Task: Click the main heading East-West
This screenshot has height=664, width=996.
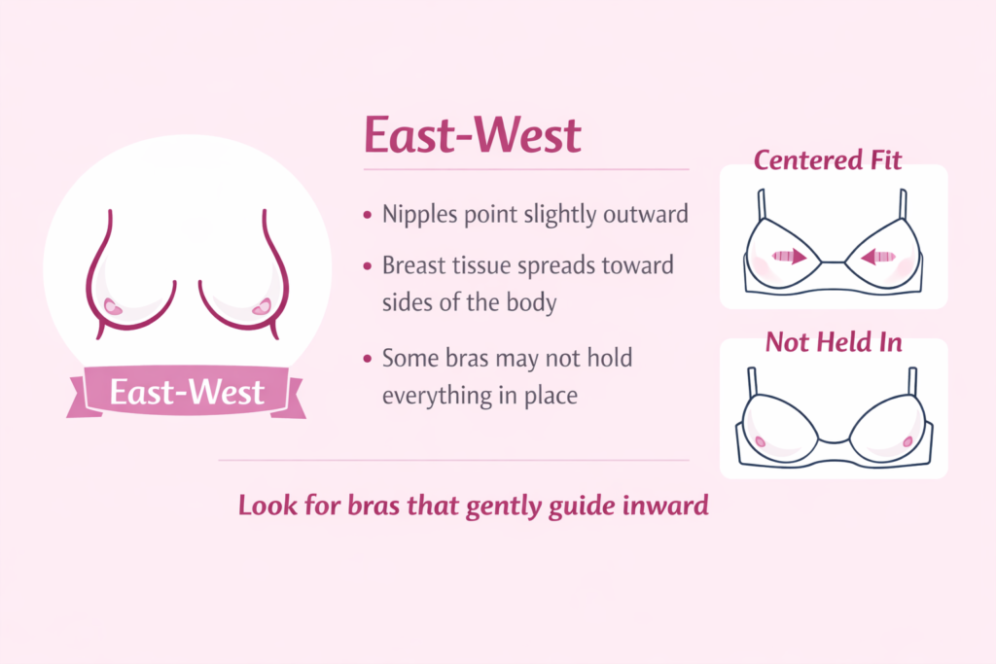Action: (x=472, y=136)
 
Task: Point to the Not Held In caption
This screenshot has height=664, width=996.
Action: (x=833, y=341)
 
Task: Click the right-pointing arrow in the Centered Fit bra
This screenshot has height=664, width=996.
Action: (x=791, y=258)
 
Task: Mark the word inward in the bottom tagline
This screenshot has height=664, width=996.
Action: (x=670, y=506)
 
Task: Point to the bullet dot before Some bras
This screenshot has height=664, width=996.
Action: (x=367, y=359)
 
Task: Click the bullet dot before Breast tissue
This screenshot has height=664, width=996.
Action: (x=367, y=264)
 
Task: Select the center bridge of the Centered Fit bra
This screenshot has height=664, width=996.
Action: (x=833, y=262)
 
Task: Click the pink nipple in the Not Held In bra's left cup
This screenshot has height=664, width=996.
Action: (x=760, y=442)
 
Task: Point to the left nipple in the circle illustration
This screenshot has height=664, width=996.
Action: (x=112, y=306)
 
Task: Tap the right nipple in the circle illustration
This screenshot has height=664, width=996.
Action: (x=261, y=307)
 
